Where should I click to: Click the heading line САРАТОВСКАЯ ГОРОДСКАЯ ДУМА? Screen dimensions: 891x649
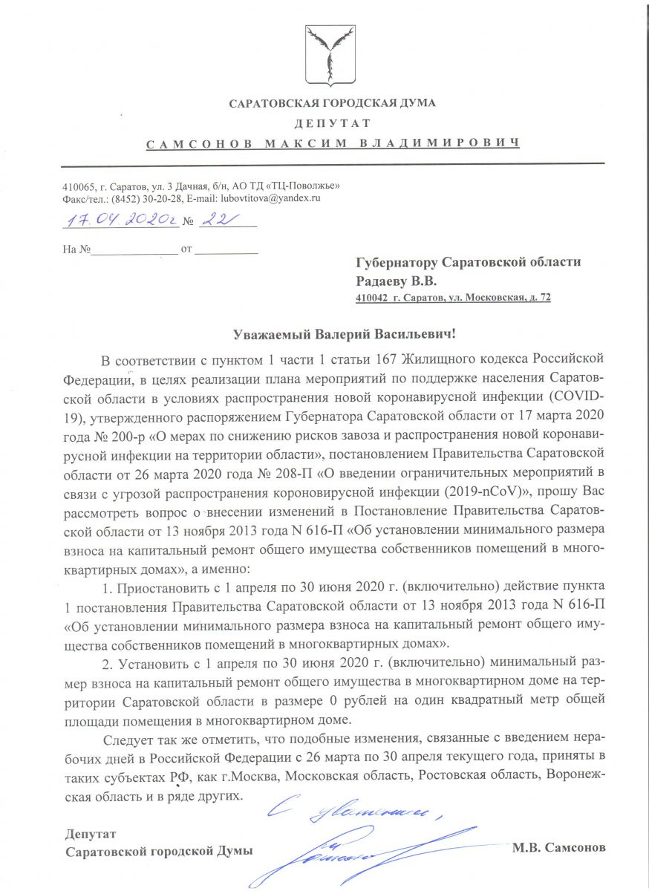click(x=332, y=103)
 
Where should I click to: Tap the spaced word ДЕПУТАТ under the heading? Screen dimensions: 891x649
click(x=332, y=123)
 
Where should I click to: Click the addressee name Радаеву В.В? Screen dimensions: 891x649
click(x=397, y=281)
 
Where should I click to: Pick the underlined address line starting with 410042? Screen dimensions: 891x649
click(x=453, y=298)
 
